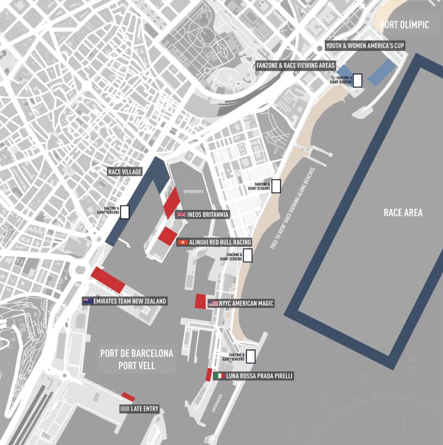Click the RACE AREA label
click(403, 213)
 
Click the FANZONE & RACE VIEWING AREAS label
click(296, 65)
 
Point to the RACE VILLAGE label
click(125, 172)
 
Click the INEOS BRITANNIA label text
click(208, 215)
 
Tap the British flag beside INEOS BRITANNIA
click(181, 215)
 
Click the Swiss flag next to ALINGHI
click(182, 242)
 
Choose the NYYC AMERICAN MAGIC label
click(246, 303)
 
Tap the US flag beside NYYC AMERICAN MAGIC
click(213, 303)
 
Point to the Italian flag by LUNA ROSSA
click(219, 376)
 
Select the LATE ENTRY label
click(144, 408)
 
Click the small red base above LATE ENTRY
click(128, 397)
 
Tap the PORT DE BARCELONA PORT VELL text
click(137, 359)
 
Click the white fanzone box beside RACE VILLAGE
click(124, 211)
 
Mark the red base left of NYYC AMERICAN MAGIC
click(200, 301)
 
